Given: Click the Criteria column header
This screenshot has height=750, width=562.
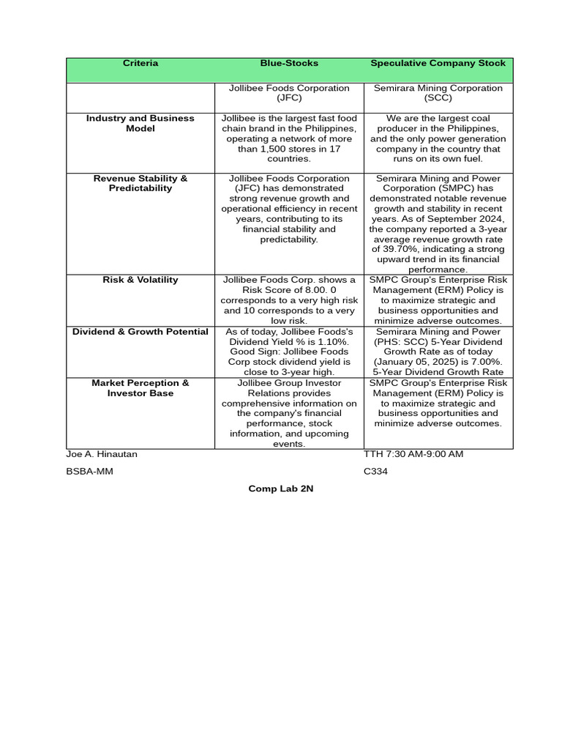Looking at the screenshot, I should click(x=140, y=64).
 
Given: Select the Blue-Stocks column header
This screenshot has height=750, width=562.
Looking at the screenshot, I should click(x=289, y=64).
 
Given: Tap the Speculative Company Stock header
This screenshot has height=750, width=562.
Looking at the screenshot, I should click(x=438, y=64).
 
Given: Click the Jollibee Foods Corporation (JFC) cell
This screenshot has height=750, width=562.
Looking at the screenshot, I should click(x=289, y=93).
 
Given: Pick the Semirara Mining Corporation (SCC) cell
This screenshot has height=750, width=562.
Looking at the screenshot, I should click(x=438, y=93).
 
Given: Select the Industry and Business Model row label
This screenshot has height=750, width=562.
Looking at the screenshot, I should click(x=140, y=123).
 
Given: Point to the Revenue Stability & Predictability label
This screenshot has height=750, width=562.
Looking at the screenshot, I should click(x=140, y=183).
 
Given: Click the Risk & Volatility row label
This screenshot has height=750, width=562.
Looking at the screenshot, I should click(x=140, y=280).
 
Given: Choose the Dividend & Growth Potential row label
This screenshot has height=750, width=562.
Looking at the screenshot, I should click(x=140, y=332).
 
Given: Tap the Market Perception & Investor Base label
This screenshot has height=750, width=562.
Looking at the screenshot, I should click(x=140, y=388).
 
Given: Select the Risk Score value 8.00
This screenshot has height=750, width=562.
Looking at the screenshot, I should click(x=312, y=290).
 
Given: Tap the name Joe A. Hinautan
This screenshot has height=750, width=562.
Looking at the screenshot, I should click(x=102, y=454).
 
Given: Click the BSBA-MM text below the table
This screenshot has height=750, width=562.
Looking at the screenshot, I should click(x=89, y=472).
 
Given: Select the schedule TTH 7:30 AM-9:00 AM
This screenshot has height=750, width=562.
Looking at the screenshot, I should click(x=413, y=454).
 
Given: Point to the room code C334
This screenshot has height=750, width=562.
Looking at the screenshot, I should click(x=375, y=472).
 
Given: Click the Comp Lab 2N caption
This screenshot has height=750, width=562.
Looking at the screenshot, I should click(x=281, y=489).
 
